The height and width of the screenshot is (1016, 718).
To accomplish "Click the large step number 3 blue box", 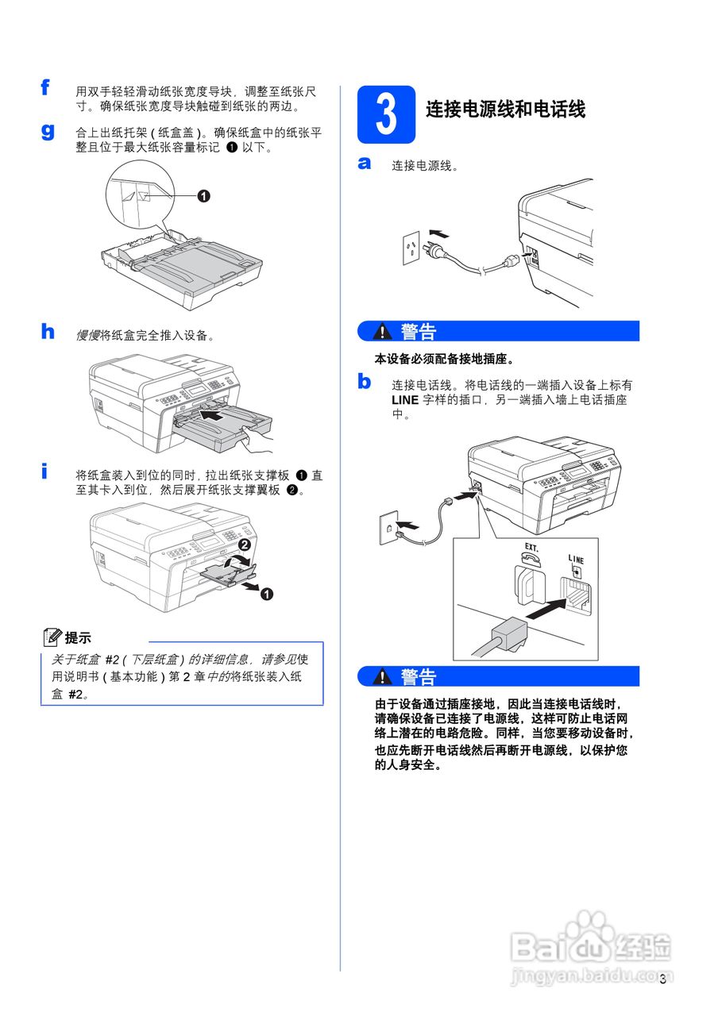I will coord(387,114).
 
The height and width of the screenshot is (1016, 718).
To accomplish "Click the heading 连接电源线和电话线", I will coord(505,110).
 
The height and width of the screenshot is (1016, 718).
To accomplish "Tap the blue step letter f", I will coord(47,87).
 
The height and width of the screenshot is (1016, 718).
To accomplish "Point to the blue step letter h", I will coord(48,331).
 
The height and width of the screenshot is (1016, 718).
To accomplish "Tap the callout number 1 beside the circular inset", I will coord(203,196).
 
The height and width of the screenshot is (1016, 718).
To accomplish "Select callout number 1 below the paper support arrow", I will coord(268,594).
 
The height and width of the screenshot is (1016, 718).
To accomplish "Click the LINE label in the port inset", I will coord(575,559).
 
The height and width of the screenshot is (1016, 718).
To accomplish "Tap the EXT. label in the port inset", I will coord(531,548).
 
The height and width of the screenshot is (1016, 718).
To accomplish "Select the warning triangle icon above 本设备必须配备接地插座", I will coord(384,331).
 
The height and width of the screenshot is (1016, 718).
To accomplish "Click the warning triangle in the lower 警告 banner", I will coord(384,677).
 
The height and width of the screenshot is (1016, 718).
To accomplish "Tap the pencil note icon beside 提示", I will coord(53,637).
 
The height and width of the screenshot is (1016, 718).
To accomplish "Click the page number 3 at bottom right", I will coord(662,977).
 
